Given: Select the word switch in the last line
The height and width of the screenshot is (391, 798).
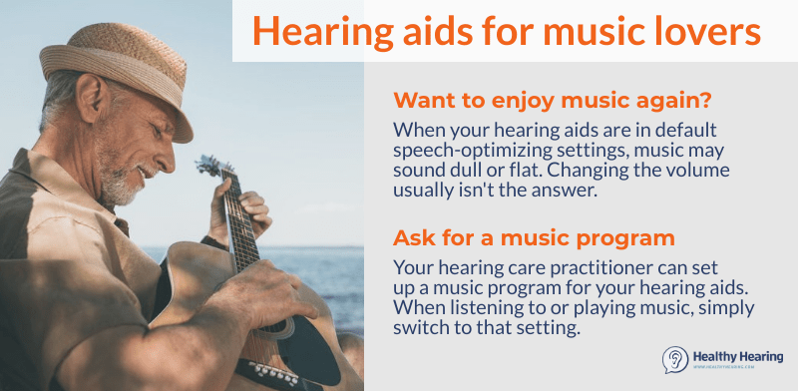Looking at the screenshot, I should pyautogui.click(x=423, y=326).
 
